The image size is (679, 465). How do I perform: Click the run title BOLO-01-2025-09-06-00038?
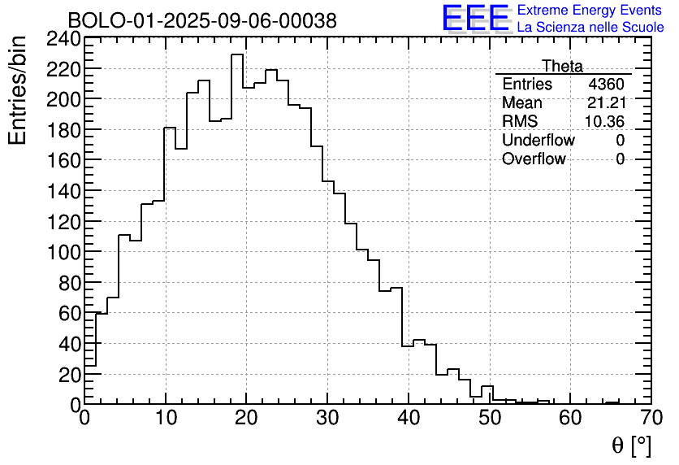point(201,20)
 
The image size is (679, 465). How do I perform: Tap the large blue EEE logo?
point(475,19)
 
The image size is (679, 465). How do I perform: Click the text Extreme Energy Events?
point(590,11)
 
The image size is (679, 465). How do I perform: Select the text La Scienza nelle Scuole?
point(590,28)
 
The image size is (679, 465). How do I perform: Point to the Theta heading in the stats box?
point(562,66)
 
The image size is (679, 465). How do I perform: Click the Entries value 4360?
point(607,85)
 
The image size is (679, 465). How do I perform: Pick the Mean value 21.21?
point(606,103)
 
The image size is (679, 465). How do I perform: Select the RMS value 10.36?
point(605,122)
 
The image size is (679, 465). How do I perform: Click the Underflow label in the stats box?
point(538,141)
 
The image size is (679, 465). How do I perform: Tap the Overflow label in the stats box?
point(534,159)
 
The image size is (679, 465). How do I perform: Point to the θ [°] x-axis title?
point(631,445)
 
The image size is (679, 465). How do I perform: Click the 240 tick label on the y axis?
point(63,38)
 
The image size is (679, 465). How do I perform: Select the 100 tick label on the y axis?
point(63,252)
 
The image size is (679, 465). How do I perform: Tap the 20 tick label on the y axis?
point(69,374)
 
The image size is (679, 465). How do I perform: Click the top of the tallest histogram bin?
point(237,55)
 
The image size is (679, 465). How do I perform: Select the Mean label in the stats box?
point(521,103)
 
